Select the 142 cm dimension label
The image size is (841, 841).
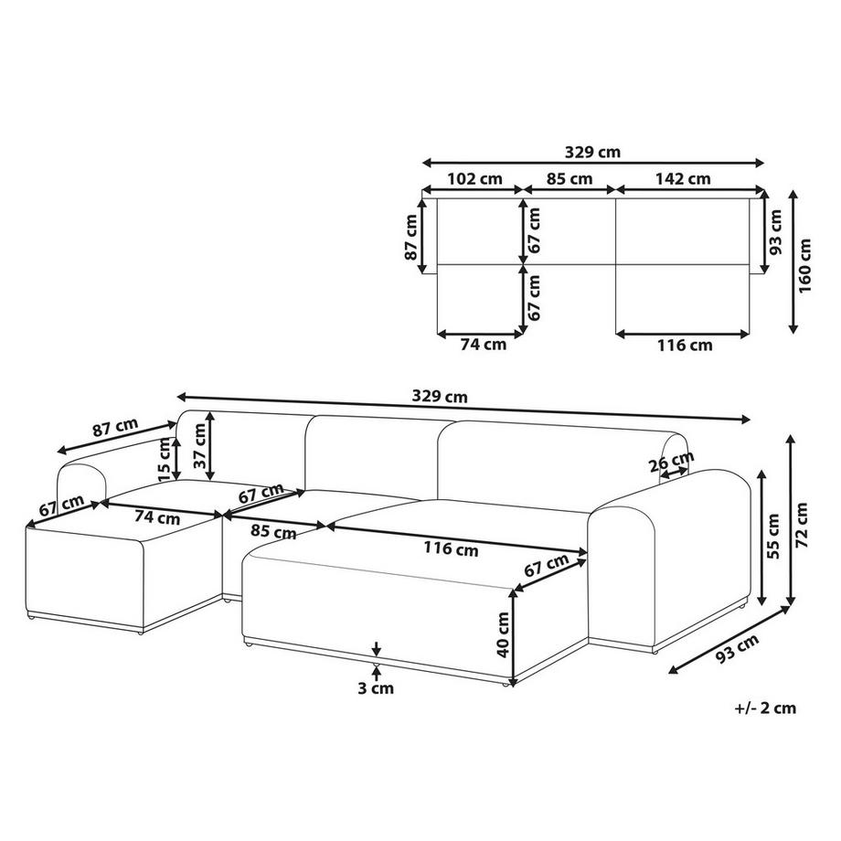686,179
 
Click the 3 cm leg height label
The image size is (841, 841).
376,688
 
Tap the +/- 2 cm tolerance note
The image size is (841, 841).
764,707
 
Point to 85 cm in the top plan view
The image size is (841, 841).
569,179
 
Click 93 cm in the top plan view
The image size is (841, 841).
776,233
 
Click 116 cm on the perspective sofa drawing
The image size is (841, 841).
452,549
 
